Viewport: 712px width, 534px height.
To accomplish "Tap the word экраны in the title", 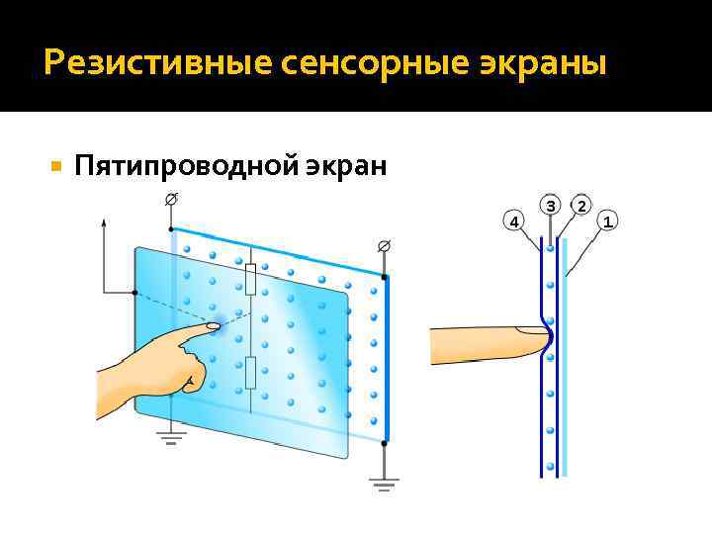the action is click(x=540, y=64).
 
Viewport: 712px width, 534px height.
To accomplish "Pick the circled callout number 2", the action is click(x=581, y=206).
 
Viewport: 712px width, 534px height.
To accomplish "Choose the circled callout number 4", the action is click(x=512, y=220).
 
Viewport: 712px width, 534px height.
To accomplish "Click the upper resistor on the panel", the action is click(x=251, y=280).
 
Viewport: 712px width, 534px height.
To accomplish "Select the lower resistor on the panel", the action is click(x=251, y=373).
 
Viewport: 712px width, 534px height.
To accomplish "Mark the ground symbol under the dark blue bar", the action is click(x=384, y=485).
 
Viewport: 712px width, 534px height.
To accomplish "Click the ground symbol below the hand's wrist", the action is click(x=171, y=437).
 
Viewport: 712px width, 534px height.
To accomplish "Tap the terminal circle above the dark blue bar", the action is click(x=384, y=244).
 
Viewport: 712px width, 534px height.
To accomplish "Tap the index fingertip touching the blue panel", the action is click(x=213, y=325).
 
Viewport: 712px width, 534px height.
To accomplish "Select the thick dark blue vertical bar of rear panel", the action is click(x=386, y=356).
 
